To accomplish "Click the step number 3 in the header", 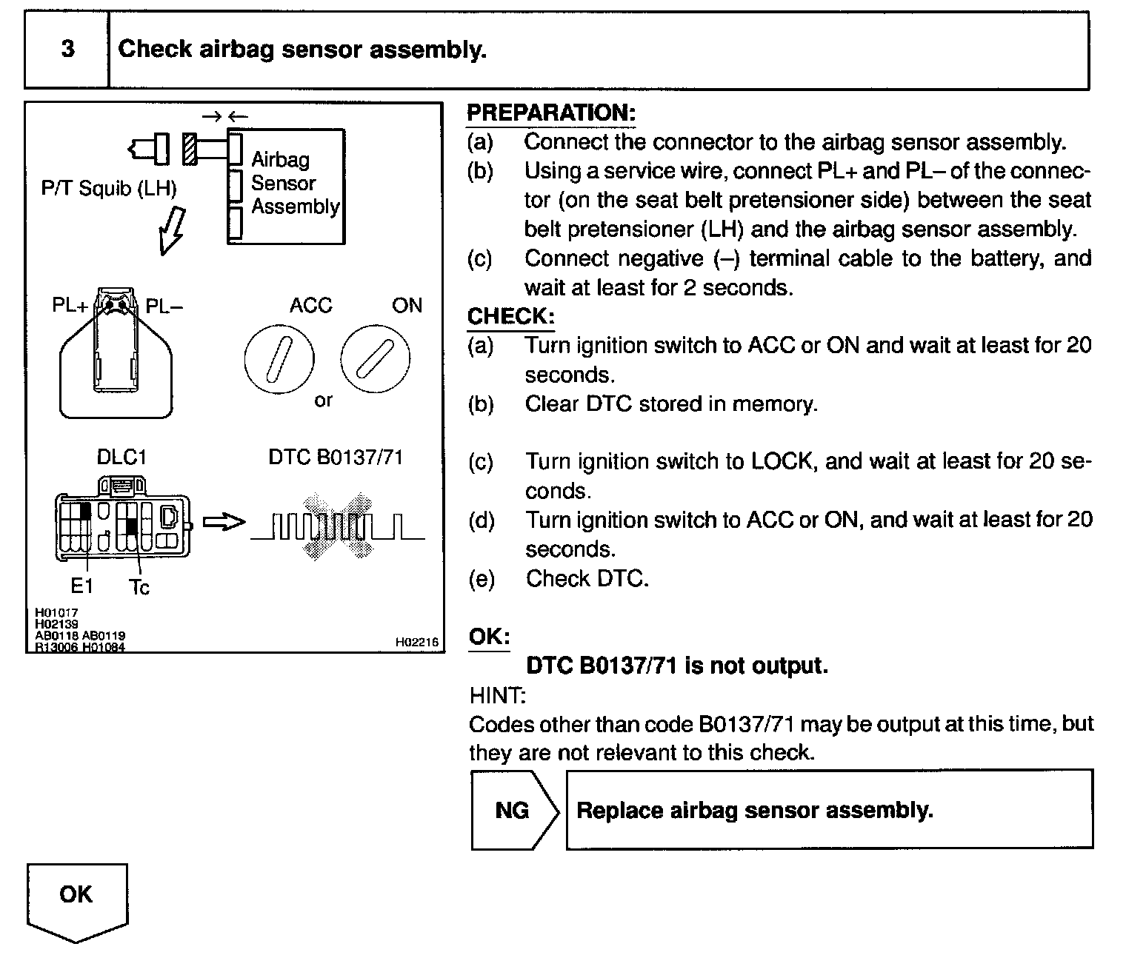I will (67, 50).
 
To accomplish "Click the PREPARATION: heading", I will (551, 113).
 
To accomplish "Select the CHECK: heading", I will (510, 317).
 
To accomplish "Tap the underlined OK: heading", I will (490, 637).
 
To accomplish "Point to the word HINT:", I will (497, 695).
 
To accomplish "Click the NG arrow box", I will (513, 810).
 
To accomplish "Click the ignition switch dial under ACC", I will (279, 361).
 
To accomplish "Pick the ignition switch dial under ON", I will (375, 361).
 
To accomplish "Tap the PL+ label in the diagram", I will (70, 305).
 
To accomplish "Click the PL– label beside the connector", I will (164, 306).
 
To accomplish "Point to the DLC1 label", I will (121, 457).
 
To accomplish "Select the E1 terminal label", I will (81, 586).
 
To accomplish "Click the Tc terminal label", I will (139, 588).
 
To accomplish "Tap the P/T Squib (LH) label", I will (109, 188).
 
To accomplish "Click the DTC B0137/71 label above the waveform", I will (336, 457).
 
